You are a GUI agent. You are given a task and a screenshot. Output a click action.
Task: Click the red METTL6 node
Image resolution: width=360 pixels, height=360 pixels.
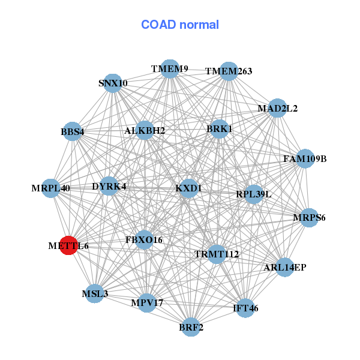tap(70, 245)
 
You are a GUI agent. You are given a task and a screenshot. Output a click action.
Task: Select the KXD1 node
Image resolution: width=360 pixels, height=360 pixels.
tap(189, 188)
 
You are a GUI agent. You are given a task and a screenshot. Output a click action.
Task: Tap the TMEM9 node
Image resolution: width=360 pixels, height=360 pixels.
tap(170, 69)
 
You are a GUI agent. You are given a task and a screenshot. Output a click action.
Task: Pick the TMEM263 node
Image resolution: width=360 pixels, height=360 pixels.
tap(229, 71)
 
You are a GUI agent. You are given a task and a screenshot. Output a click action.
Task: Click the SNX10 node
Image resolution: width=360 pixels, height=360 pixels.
tap(113, 83)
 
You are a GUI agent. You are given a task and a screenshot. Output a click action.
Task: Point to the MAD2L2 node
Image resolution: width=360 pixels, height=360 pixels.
tap(277, 109)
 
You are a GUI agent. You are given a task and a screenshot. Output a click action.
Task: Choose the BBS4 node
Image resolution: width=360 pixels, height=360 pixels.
tap(73, 131)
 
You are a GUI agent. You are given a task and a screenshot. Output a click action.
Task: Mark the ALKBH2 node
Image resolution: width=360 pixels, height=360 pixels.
tap(145, 130)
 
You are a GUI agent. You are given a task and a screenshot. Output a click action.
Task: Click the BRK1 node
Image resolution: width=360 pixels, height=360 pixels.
tap(220, 128)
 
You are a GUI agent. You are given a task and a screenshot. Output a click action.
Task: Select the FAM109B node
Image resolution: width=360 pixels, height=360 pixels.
tap(305, 159)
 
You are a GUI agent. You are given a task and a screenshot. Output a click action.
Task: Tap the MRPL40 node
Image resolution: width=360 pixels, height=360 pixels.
tap(52, 188)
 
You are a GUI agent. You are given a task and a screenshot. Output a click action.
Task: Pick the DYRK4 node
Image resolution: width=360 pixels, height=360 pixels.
tap(109, 187)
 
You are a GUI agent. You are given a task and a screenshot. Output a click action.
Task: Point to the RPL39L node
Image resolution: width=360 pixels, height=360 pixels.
tap(254, 194)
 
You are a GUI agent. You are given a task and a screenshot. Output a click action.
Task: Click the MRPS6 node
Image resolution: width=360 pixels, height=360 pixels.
tap(309, 217)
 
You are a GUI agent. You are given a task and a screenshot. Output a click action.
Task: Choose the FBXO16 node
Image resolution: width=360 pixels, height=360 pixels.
tap(144, 240)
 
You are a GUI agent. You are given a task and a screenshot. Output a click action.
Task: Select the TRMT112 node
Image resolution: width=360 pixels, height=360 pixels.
tap(217, 254)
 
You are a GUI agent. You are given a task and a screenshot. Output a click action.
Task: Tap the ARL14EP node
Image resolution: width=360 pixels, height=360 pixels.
tap(284, 267)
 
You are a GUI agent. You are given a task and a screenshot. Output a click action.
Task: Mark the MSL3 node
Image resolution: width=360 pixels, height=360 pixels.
tap(95, 294)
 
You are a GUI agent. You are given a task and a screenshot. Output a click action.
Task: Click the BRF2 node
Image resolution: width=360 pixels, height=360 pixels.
tap(191, 327)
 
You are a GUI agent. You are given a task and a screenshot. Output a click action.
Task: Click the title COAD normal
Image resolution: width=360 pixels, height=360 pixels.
tap(180, 25)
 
